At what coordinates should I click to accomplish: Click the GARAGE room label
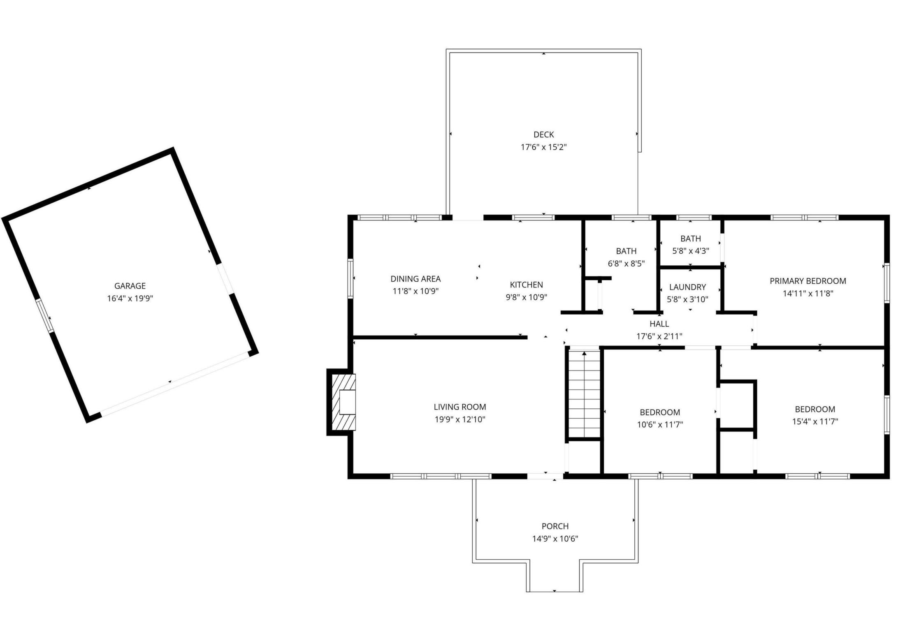click(130, 286)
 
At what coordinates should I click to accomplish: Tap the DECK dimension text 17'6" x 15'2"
click(544, 147)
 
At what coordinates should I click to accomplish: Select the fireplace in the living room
click(342, 402)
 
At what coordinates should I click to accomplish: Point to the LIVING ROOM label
click(460, 407)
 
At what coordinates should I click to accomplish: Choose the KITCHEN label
click(527, 285)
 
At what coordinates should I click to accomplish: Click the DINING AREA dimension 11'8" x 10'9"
click(415, 291)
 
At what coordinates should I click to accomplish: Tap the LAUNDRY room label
click(687, 287)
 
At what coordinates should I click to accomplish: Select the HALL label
click(659, 324)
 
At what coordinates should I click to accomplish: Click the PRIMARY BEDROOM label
click(808, 281)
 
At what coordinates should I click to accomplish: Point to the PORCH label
click(555, 526)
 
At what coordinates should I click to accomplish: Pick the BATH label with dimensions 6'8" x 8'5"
click(626, 251)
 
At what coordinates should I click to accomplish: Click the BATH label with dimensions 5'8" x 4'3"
click(691, 239)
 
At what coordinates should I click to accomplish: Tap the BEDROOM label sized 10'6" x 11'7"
click(660, 412)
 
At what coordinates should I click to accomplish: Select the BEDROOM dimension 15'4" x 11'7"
click(815, 422)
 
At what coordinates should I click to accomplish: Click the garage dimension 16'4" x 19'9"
click(130, 299)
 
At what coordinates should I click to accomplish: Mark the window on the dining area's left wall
click(350, 278)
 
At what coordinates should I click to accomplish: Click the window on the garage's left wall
click(45, 315)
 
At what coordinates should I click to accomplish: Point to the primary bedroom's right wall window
click(887, 283)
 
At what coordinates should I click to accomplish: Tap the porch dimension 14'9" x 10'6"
click(555, 539)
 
